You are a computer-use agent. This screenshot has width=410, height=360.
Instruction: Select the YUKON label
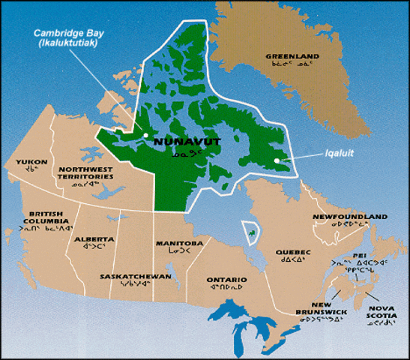31,161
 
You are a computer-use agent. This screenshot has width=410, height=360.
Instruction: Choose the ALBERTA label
94,239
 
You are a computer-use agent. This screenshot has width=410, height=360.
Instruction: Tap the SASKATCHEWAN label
136,276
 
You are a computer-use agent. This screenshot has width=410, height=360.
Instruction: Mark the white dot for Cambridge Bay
145,136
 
